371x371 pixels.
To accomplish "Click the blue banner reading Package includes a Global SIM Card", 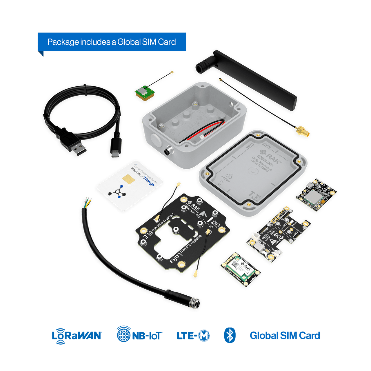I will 112,42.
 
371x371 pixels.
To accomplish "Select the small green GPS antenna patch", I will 145,93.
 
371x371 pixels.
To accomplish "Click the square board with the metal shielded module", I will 316,194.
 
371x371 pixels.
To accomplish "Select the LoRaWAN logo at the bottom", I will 77,335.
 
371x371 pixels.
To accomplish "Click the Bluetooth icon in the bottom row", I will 230,335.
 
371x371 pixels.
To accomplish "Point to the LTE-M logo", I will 193,335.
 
